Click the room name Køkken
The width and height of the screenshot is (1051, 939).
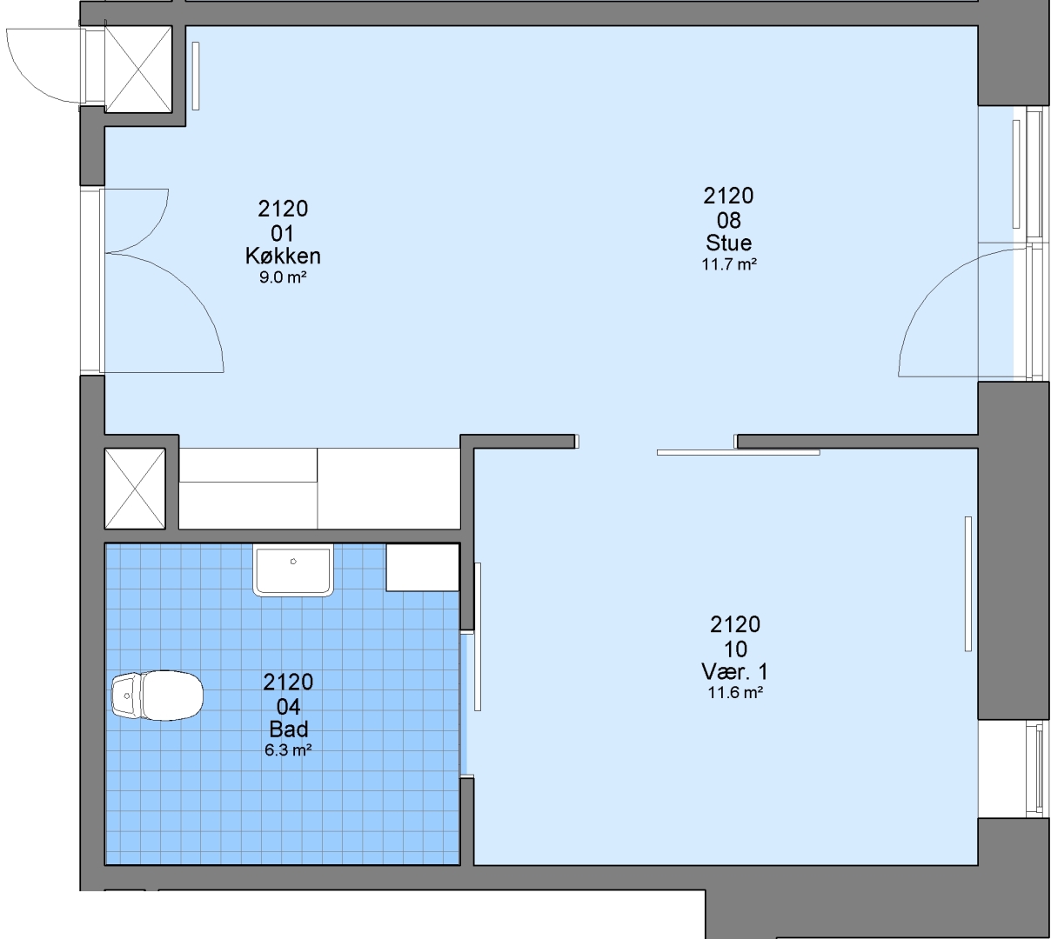click(x=283, y=256)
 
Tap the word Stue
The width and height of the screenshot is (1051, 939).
click(x=728, y=243)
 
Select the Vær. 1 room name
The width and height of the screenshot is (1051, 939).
click(x=734, y=671)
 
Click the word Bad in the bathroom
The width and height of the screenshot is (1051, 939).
click(x=289, y=729)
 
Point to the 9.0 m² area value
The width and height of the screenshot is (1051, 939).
click(x=283, y=277)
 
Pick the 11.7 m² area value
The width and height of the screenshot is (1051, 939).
click(x=729, y=264)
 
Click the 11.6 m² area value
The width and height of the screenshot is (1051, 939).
click(x=735, y=693)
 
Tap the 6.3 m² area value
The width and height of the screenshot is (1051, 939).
click(x=288, y=749)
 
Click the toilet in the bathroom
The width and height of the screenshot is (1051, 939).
click(x=157, y=695)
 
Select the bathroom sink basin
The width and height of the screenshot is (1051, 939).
click(x=293, y=569)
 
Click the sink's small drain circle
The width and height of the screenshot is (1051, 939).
click(x=293, y=561)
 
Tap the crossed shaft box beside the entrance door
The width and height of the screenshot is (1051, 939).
click(x=138, y=69)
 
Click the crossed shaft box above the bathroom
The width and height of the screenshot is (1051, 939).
click(x=135, y=489)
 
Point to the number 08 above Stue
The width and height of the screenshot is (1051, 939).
click(x=728, y=221)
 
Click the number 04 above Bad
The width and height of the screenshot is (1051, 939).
click(x=289, y=707)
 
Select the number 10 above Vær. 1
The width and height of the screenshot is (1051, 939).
click(x=735, y=649)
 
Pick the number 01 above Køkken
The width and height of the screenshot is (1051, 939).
click(x=282, y=234)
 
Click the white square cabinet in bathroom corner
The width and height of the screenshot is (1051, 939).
click(x=422, y=567)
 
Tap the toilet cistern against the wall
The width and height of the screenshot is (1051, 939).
click(x=126, y=695)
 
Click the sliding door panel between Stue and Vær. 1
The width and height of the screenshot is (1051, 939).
click(x=738, y=453)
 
